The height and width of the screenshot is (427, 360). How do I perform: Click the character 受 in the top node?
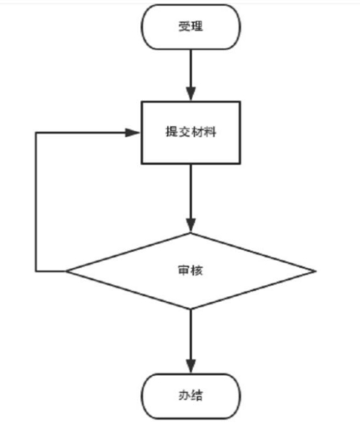pyautogui.click(x=184, y=27)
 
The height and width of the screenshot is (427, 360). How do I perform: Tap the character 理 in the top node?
pyautogui.click(x=197, y=27)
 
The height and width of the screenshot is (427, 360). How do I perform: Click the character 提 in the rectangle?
pyautogui.click(x=172, y=132)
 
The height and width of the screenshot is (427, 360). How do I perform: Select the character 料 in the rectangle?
pyautogui.click(x=210, y=132)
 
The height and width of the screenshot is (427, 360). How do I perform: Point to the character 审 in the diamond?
pyautogui.click(x=184, y=270)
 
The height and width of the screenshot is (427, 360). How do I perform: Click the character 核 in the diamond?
pyautogui.click(x=197, y=270)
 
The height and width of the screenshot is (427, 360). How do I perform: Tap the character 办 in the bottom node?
pyautogui.click(x=184, y=395)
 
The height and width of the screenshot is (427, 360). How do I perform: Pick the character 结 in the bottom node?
pyautogui.click(x=197, y=395)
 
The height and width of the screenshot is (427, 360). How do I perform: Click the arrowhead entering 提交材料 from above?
pyautogui.click(x=191, y=95)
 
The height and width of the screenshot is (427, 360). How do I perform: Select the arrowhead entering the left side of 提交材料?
pyautogui.click(x=132, y=133)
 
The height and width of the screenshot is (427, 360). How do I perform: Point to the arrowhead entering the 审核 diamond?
pyautogui.click(x=191, y=225)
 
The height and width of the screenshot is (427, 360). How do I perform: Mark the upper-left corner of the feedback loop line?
pyautogui.click(x=35, y=133)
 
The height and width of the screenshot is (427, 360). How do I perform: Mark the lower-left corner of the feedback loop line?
pyautogui.click(x=35, y=271)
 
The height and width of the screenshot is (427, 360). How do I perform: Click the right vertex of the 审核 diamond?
pyautogui.click(x=315, y=271)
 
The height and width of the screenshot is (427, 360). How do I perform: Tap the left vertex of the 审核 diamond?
pyautogui.click(x=66, y=271)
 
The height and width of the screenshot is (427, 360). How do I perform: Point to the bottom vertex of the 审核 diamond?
pyautogui.click(x=191, y=309)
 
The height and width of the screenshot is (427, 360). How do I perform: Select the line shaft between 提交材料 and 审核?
pyautogui.click(x=191, y=191)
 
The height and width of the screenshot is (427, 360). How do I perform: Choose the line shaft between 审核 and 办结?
pyautogui.click(x=191, y=334)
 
